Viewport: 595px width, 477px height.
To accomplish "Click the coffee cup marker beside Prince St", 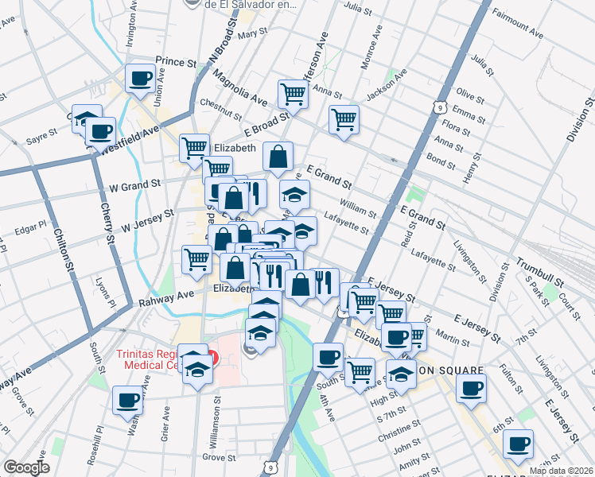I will (141, 79).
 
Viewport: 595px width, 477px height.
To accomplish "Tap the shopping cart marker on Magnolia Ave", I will (293, 94).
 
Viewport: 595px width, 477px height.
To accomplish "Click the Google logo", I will (26, 467).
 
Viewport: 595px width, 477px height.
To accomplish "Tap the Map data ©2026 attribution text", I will (561, 471).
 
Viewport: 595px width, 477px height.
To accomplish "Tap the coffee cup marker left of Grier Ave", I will (127, 401).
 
